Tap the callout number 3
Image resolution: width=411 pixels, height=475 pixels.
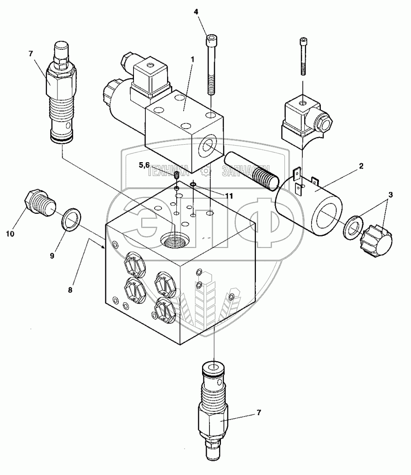click(390, 195)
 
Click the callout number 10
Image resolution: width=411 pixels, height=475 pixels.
click(10, 234)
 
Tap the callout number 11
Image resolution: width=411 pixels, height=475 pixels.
click(229, 196)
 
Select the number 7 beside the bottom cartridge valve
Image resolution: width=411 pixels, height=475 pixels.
click(259, 413)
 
